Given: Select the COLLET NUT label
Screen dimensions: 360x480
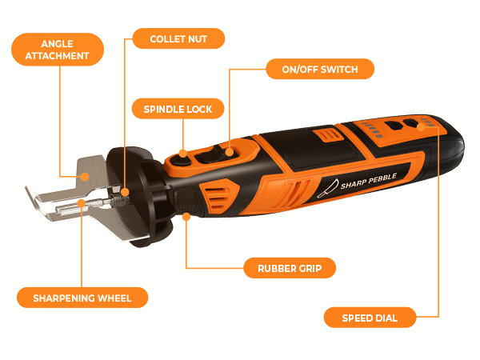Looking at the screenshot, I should pyautogui.click(x=176, y=38).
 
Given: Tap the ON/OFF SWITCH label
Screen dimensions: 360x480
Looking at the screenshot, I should pyautogui.click(x=319, y=70).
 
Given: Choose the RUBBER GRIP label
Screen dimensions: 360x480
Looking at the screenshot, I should pyautogui.click(x=284, y=268).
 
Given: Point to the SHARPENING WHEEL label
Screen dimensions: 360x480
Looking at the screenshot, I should pyautogui.click(x=84, y=298).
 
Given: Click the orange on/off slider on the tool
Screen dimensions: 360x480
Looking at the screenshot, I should pyautogui.click(x=229, y=150).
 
